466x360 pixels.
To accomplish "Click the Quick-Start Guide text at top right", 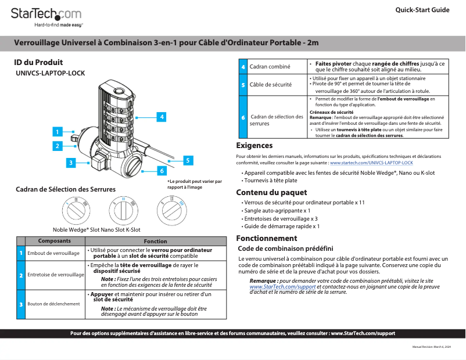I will point(422,10).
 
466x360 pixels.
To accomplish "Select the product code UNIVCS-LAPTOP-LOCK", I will point(51,74).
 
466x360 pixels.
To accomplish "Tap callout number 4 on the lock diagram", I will point(161,117).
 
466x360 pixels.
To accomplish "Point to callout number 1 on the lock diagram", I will point(57,132).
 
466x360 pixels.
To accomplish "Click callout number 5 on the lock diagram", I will point(188,160).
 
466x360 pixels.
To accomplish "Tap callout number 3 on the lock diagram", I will point(70,163).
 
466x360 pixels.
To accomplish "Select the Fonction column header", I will point(155,241).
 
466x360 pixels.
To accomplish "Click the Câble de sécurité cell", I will point(270,85).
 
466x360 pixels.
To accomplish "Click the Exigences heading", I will point(254,145).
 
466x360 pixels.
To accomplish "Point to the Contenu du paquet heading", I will point(271,193).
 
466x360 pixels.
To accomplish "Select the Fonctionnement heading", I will point(267,238).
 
